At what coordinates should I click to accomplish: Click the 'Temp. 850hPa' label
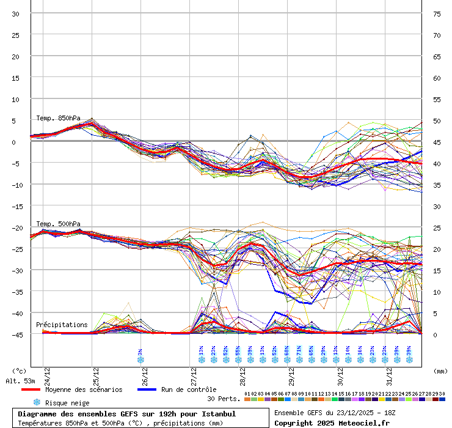(58, 118)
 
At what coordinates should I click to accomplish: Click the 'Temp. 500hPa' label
(58, 224)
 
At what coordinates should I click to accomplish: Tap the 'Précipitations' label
(62, 325)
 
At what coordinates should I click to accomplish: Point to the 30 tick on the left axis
(16, 13)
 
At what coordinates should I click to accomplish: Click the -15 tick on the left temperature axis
(16, 206)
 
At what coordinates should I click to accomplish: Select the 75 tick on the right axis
(437, 13)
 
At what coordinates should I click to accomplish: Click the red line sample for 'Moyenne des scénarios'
(30, 389)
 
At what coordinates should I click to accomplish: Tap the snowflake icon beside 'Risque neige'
(37, 402)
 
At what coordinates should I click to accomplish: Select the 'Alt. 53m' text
(21, 381)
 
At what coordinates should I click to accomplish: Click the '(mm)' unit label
(440, 371)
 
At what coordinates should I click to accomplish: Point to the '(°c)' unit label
(20, 371)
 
